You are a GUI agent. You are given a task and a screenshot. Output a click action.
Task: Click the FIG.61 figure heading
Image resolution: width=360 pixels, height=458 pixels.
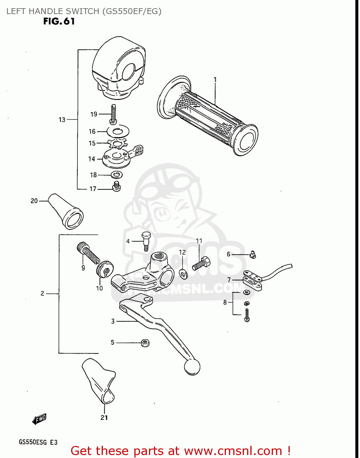[59, 21]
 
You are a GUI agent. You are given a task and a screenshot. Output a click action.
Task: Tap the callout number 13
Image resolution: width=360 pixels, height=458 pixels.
[62, 120]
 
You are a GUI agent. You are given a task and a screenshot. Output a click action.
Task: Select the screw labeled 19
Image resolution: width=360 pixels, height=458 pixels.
[113, 114]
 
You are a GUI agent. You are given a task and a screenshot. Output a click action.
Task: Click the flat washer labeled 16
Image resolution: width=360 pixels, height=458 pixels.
[118, 132]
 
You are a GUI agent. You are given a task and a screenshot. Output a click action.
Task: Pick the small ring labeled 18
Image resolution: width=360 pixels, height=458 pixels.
[116, 175]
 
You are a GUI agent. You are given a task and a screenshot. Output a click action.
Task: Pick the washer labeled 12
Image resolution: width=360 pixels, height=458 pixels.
[183, 274]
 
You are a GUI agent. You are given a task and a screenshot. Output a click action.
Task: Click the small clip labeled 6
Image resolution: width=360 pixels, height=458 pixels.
[253, 254]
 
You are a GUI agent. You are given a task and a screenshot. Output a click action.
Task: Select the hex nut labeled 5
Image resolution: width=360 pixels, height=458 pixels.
[145, 343]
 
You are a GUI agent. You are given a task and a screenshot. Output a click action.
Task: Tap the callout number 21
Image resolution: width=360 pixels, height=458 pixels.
[104, 417]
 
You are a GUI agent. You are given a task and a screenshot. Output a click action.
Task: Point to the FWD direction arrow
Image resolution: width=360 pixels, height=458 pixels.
[39, 419]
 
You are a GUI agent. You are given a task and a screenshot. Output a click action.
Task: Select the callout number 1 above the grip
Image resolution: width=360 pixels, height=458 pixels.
[215, 80]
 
